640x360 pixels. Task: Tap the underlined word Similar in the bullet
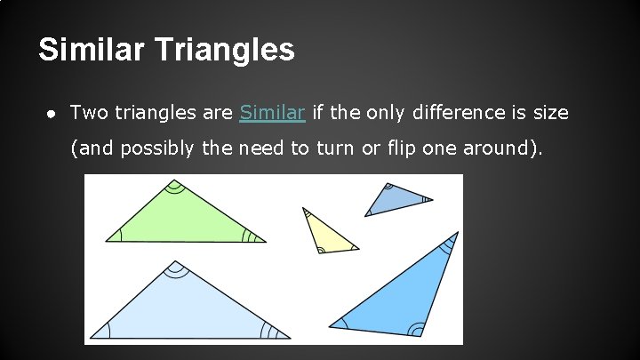coord(273,113)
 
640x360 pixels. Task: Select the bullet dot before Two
coord(52,113)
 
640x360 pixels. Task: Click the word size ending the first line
coord(550,113)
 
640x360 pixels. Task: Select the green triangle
coord(181,218)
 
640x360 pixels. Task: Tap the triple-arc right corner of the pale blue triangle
coord(284,334)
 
